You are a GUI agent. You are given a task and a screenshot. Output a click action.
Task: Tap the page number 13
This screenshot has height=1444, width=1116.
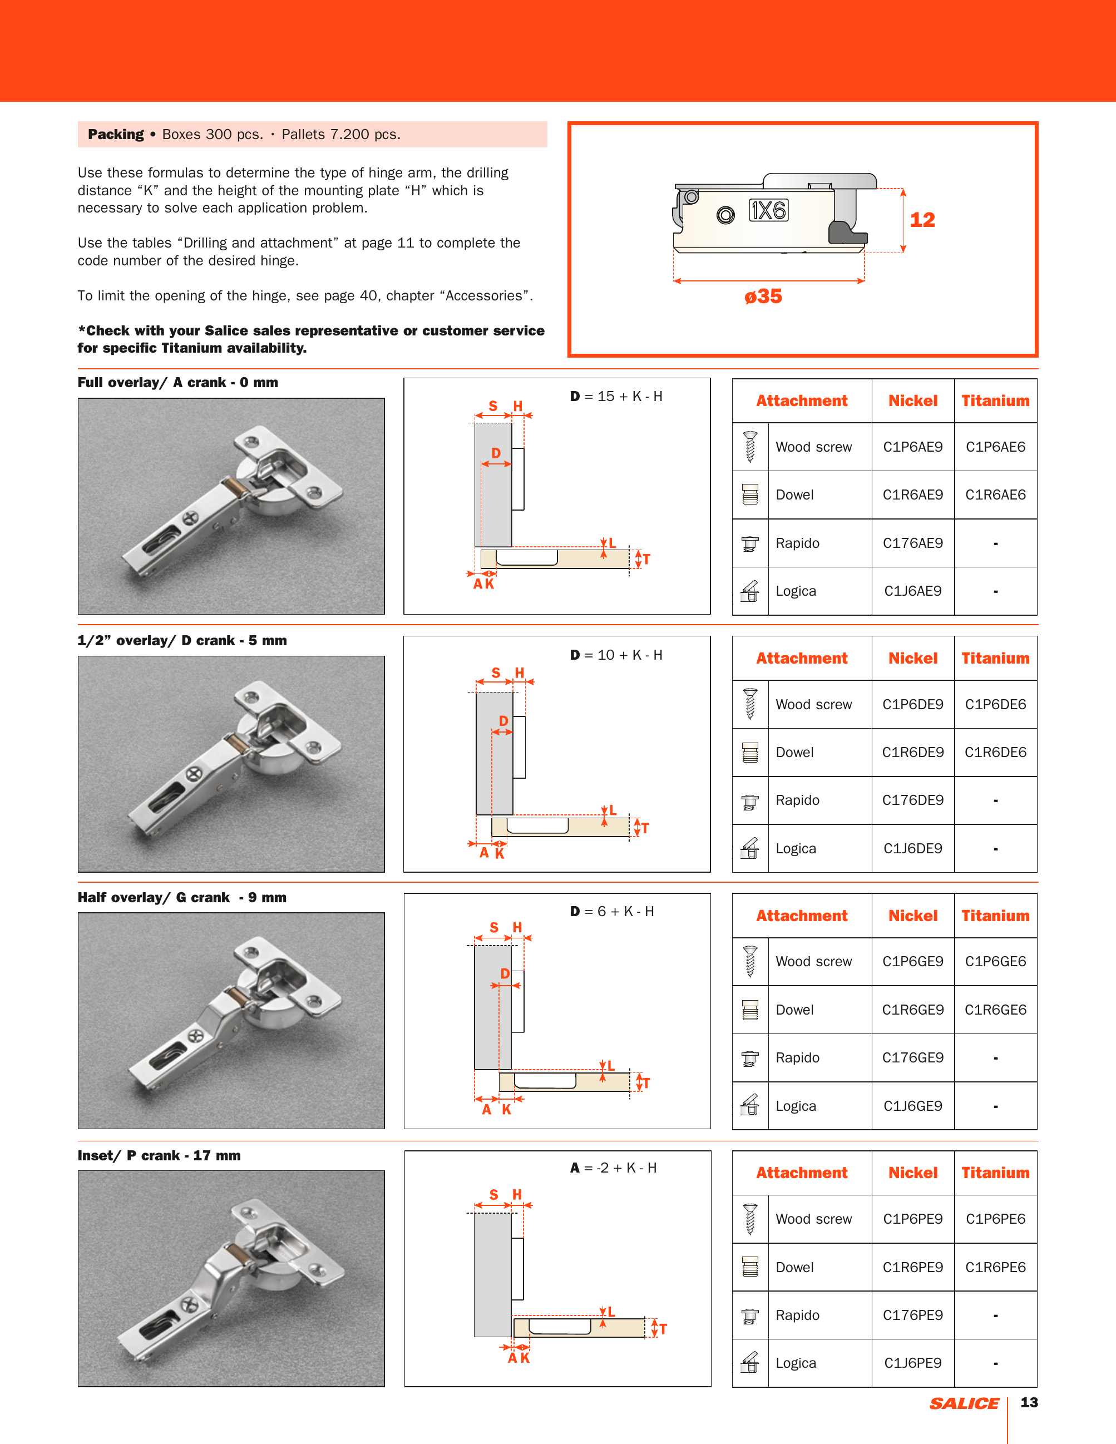1029,1402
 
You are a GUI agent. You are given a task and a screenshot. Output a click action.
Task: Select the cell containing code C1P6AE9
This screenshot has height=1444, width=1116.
912,447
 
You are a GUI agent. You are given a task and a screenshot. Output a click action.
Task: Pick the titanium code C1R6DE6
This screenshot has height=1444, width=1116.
995,753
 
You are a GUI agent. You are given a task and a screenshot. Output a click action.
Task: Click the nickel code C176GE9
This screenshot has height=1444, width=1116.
912,1058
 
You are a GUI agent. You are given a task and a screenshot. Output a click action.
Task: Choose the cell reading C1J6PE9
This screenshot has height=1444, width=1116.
912,1363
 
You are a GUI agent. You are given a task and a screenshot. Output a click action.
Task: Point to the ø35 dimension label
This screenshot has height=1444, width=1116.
763,296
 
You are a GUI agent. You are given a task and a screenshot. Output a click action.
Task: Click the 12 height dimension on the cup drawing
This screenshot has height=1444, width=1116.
922,220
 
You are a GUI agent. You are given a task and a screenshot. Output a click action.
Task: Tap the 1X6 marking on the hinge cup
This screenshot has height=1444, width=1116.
768,210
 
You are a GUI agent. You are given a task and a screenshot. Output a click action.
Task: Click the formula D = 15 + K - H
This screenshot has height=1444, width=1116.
616,397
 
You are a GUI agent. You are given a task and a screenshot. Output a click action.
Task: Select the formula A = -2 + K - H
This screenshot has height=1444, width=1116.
614,1168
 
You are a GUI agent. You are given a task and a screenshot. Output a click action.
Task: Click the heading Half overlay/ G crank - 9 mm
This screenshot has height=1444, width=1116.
182,898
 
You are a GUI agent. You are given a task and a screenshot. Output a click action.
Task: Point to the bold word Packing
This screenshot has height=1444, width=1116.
116,134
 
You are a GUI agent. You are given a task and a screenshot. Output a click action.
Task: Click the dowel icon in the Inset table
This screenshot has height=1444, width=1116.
750,1267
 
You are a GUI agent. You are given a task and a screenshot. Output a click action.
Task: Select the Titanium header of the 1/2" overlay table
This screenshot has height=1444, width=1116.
995,659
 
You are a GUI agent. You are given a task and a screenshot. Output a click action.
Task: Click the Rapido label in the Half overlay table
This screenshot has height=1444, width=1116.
797,1058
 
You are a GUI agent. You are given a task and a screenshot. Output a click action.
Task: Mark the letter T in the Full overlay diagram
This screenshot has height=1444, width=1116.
646,560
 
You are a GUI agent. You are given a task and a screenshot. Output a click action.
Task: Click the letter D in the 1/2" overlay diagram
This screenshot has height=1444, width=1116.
503,721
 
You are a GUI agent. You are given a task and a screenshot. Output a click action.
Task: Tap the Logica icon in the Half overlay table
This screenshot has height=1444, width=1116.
750,1105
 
